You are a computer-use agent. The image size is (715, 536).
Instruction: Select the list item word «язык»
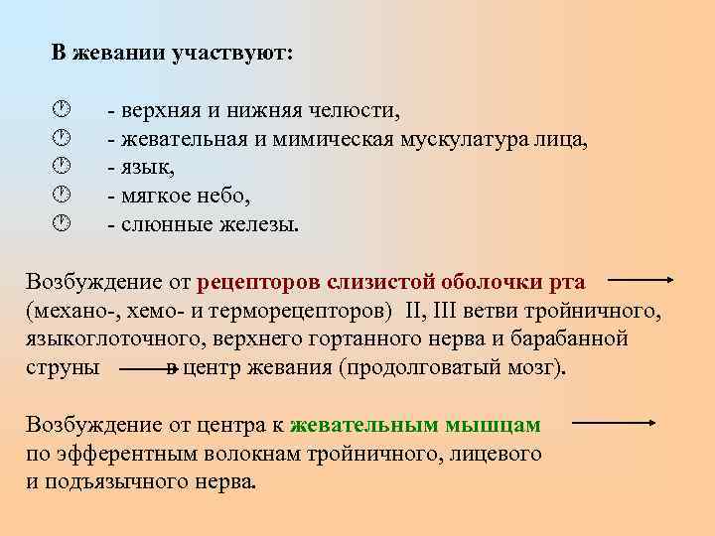click(x=146, y=166)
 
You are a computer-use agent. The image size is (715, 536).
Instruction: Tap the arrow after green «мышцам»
click(x=614, y=423)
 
